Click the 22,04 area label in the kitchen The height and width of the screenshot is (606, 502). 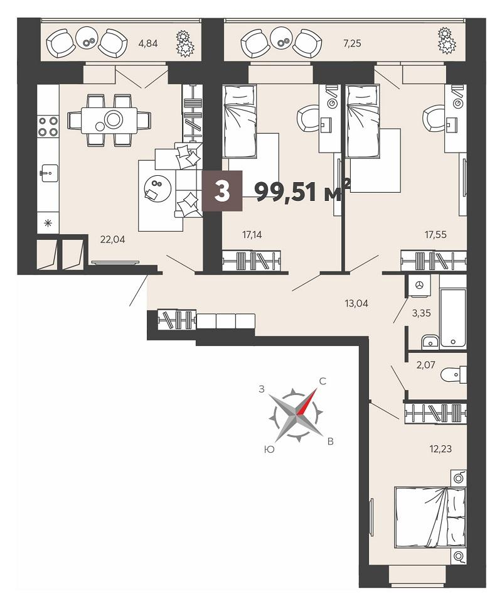(112, 240)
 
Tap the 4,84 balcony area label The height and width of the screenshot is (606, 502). (148, 43)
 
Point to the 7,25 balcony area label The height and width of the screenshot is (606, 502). (352, 43)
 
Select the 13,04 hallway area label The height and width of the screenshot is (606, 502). (356, 303)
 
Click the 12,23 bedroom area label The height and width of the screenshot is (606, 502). (441, 449)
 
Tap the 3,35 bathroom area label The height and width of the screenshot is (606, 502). (421, 313)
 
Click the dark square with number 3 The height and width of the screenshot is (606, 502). (222, 191)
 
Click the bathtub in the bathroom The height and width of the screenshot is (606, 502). (452, 318)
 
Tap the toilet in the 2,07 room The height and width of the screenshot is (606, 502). (454, 375)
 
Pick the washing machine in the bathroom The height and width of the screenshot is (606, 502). (420, 285)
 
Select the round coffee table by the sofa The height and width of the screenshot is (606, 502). (158, 188)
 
